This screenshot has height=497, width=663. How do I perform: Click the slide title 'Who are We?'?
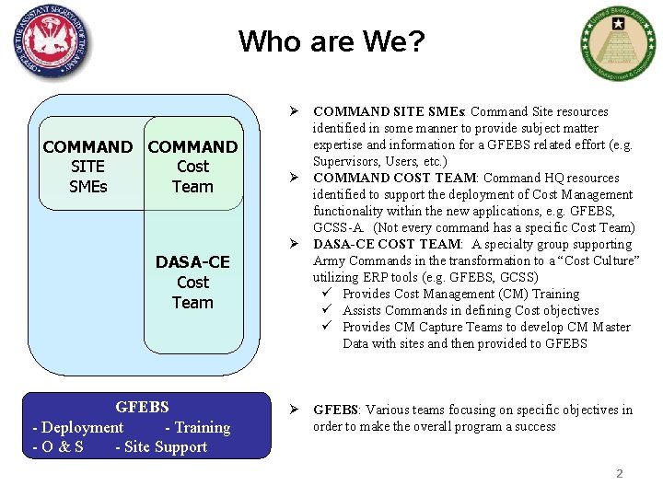coord(331,41)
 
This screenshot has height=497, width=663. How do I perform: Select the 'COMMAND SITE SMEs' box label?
coord(87,167)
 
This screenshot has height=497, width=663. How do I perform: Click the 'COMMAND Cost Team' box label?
coord(192,167)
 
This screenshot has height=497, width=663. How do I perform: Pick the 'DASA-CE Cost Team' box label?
coord(192,283)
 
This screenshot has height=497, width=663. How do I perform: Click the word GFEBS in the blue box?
coord(142,407)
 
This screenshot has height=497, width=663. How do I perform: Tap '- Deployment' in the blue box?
coord(77,427)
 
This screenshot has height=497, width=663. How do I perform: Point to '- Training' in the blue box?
coord(197,427)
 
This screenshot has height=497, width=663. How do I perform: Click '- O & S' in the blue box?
coord(58,447)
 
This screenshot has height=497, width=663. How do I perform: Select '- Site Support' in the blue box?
coord(161,447)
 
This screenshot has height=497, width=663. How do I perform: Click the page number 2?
coord(619,474)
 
